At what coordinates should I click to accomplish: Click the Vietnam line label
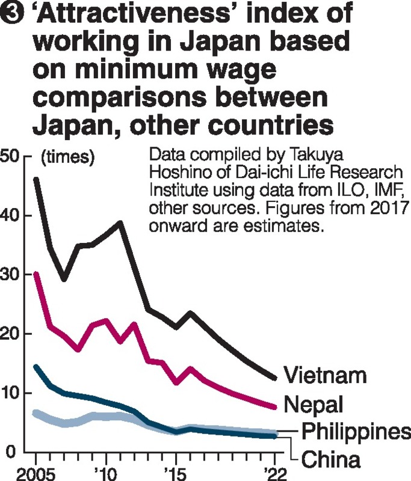(x=325, y=376)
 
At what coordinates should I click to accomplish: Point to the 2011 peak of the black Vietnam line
(x=120, y=222)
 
